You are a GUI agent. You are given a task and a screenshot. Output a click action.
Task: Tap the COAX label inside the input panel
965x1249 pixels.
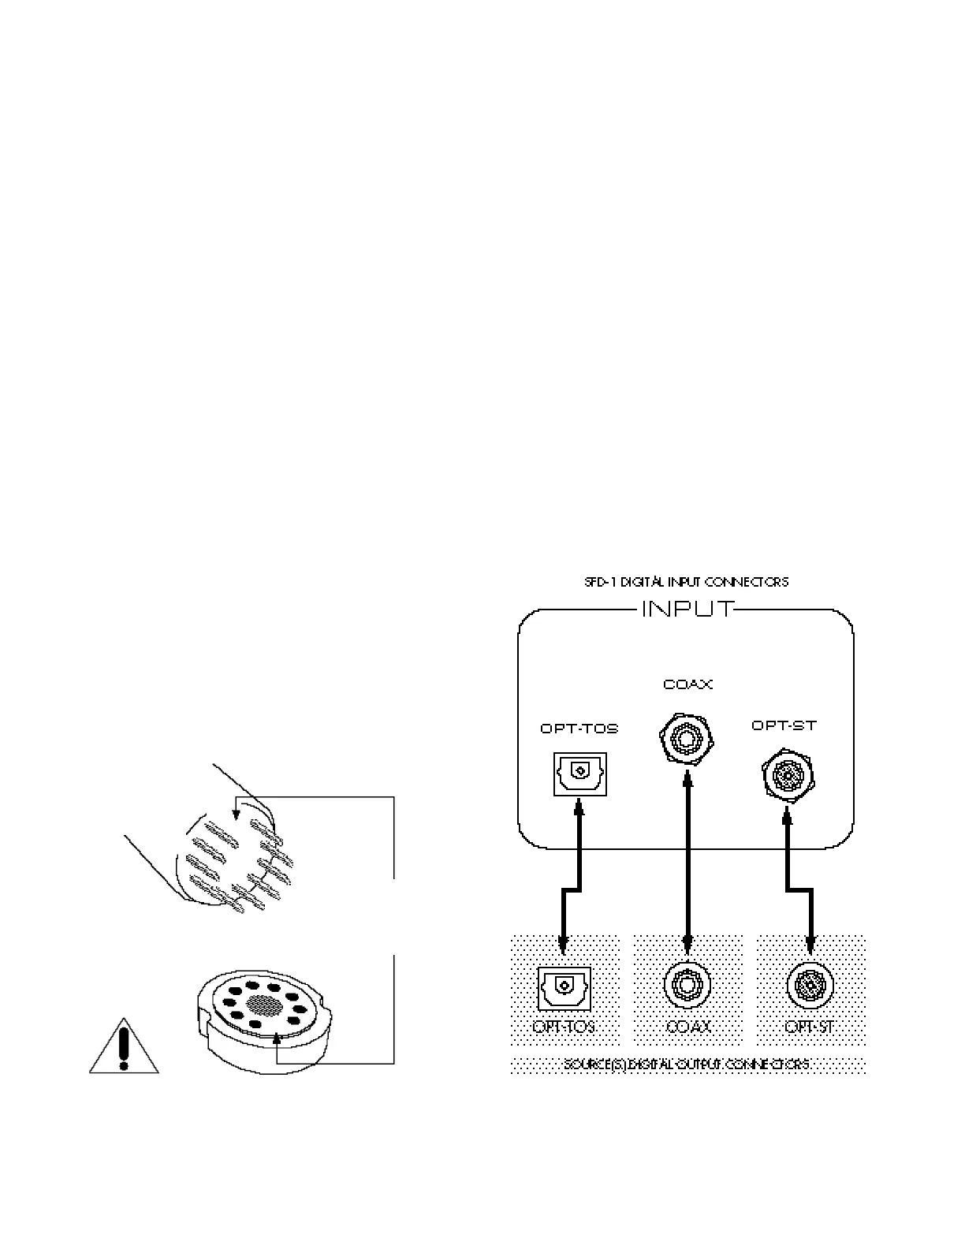coord(687,684)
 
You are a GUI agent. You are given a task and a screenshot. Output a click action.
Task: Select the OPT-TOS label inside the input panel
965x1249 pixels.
coord(579,729)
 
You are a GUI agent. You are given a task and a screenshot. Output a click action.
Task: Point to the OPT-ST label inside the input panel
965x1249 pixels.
coord(784,725)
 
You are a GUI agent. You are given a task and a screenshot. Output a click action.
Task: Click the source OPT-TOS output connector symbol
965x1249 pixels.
coord(562,987)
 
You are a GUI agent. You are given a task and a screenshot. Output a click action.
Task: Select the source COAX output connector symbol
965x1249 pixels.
coord(687,985)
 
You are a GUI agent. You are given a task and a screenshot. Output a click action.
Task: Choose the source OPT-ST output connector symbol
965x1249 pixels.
coord(810,985)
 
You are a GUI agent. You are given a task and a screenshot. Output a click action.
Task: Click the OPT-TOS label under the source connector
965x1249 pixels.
coord(564,1027)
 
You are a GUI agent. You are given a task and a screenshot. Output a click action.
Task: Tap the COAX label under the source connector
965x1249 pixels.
coord(688,1027)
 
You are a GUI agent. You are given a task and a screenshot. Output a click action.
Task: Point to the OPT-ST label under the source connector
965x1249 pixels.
coord(810,1027)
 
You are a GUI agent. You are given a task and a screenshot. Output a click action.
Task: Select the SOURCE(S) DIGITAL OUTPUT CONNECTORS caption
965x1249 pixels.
coord(686,1064)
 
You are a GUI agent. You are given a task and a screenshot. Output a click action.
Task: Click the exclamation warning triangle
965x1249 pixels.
coord(123,1049)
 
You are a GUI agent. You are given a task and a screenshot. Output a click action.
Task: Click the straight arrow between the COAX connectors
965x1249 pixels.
coord(688,859)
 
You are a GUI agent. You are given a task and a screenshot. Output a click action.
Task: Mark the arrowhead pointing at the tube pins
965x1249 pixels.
coord(236,807)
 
